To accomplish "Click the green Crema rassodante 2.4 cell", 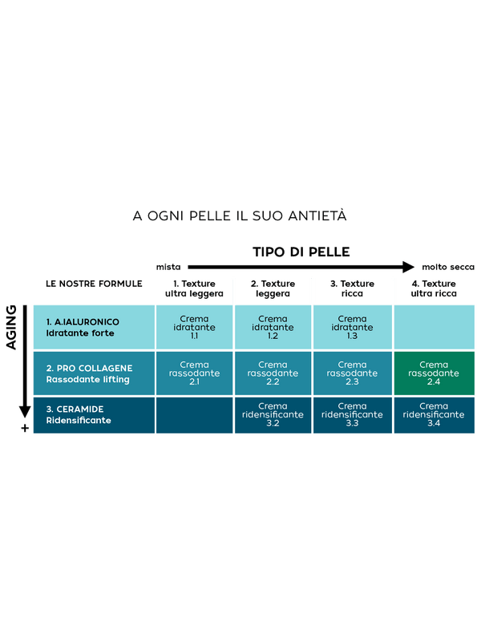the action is pyautogui.click(x=434, y=373).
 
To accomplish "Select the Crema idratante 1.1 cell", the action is pyautogui.click(x=194, y=327).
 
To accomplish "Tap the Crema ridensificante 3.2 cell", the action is pyautogui.click(x=273, y=415).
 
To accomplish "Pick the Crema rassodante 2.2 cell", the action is pyautogui.click(x=273, y=373).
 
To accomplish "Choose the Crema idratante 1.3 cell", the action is pyautogui.click(x=352, y=327).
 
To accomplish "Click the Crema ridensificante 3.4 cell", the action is pyautogui.click(x=434, y=415).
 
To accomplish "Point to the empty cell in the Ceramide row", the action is pyautogui.click(x=194, y=415).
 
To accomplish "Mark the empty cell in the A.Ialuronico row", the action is pyautogui.click(x=434, y=327).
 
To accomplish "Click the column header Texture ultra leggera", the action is pyautogui.click(x=194, y=288).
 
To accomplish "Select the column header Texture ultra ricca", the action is pyautogui.click(x=434, y=288).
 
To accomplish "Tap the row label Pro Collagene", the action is pyautogui.click(x=89, y=373).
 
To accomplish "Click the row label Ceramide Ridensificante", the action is pyautogui.click(x=79, y=414).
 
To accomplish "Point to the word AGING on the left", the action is pyautogui.click(x=11, y=327).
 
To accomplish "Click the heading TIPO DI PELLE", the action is pyautogui.click(x=301, y=252).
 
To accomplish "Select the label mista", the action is pyautogui.click(x=168, y=267).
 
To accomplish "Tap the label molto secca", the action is pyautogui.click(x=448, y=267).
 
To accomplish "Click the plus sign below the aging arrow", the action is pyautogui.click(x=25, y=428).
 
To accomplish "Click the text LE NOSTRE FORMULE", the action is pyautogui.click(x=94, y=284).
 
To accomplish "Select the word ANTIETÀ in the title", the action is pyautogui.click(x=317, y=215).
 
